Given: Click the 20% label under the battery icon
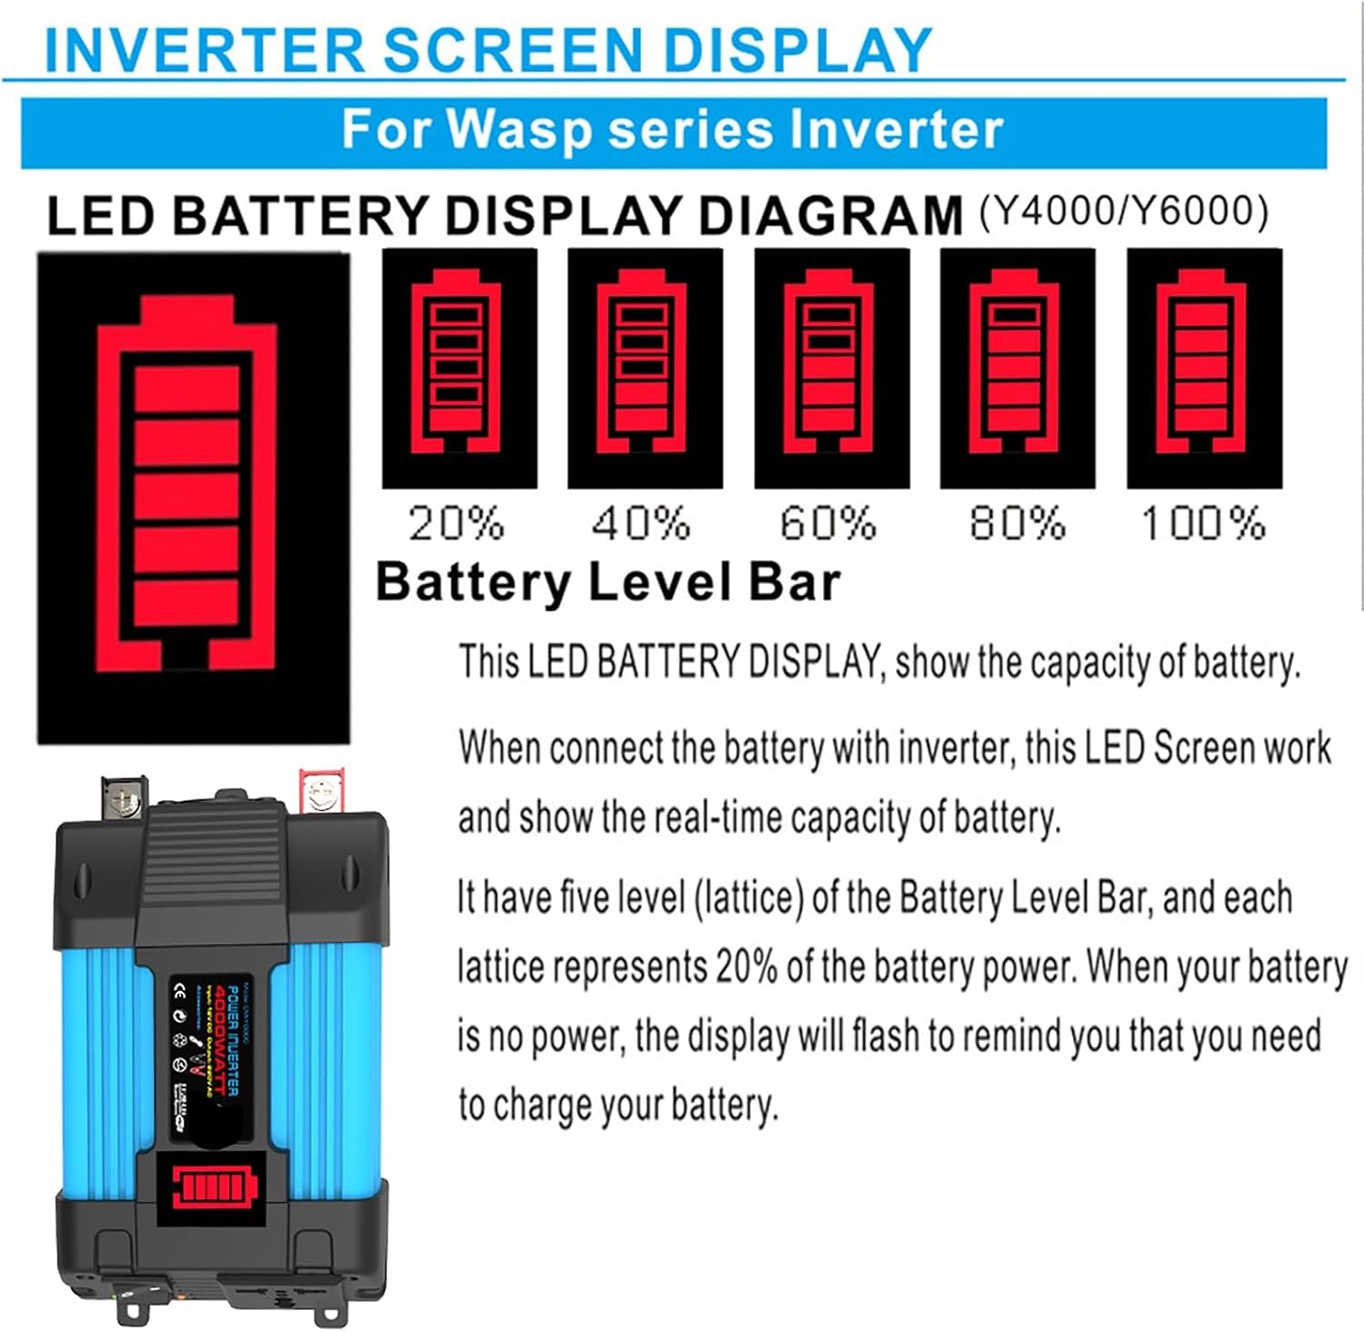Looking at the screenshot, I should click(456, 524).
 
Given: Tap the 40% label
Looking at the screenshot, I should click(641, 524).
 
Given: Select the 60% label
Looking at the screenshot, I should click(828, 524).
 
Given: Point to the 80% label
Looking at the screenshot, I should click(1017, 524).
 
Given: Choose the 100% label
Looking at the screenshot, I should click(1203, 524).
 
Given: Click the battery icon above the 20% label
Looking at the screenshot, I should click(458, 367).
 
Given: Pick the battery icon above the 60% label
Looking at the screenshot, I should click(831, 367).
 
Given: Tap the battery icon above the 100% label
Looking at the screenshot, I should click(1203, 367).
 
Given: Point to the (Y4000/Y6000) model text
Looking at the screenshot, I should click(1124, 212).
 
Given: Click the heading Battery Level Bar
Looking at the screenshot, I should click(607, 582).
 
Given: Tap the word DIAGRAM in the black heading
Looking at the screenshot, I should click(830, 216).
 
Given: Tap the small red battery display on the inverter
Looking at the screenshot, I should click(218, 1187).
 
